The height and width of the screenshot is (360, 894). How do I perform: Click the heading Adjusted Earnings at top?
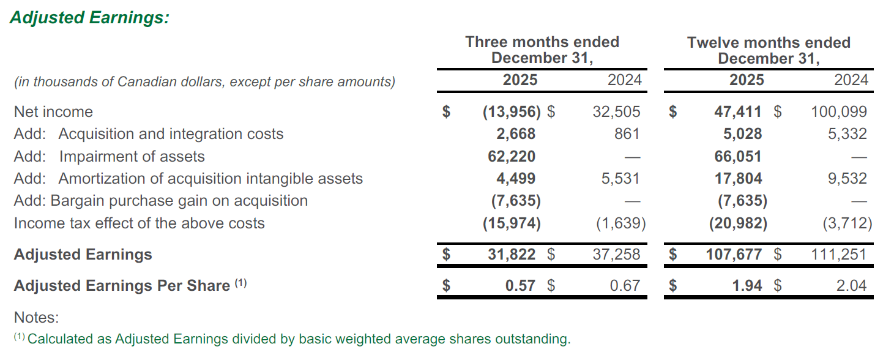[89, 18]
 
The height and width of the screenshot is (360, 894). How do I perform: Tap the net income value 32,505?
[616, 112]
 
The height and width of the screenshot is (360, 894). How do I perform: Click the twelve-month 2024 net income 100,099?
[838, 112]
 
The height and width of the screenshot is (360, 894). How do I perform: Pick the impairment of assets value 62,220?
[511, 157]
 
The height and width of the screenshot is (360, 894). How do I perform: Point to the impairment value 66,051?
[737, 157]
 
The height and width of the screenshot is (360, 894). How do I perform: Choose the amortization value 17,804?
[737, 179]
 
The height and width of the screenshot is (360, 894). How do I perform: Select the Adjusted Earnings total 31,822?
[511, 255]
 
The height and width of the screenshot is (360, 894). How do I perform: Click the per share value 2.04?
[851, 286]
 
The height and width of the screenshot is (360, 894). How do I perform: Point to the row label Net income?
[53, 112]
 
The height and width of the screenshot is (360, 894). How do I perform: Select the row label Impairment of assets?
[132, 157]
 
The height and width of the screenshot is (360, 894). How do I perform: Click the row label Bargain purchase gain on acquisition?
[179, 201]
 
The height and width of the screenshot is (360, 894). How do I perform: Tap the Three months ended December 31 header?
[542, 50]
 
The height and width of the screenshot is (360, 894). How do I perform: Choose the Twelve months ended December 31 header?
[769, 50]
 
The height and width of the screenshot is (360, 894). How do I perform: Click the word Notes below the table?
[36, 318]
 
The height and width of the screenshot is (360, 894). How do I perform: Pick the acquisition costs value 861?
[627, 134]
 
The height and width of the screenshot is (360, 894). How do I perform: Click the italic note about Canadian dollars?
[204, 81]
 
